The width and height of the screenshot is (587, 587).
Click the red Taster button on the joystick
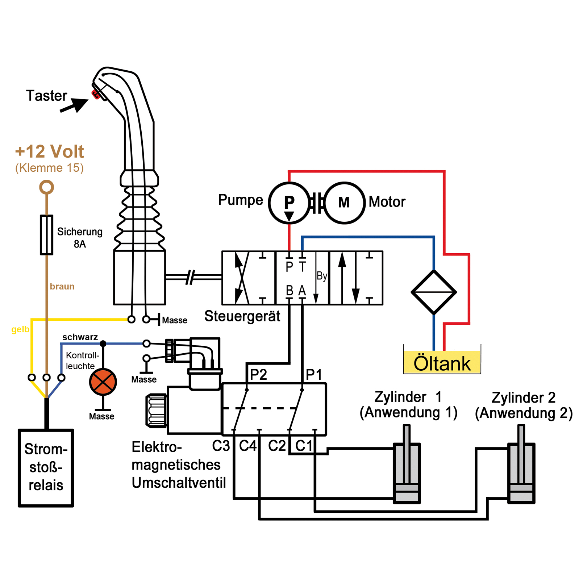[96, 94]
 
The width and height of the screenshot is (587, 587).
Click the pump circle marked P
[289, 203]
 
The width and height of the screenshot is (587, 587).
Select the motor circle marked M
[344, 203]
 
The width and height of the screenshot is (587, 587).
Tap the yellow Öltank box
[442, 362]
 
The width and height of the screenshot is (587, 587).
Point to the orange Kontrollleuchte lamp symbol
[103, 382]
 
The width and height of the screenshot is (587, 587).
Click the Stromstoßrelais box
[46, 468]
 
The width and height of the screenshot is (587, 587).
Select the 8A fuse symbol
[46, 235]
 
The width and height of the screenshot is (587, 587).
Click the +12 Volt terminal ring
[46, 187]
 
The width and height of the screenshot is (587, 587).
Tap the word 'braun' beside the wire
[62, 286]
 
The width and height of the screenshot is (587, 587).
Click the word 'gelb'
[20, 329]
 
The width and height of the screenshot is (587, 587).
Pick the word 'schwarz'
[80, 337]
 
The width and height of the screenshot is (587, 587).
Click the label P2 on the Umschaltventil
[258, 374]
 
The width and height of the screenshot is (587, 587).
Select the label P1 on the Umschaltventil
[314, 374]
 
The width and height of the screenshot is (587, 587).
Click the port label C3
[221, 446]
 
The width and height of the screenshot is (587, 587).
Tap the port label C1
[304, 446]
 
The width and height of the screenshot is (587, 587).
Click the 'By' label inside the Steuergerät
[322, 276]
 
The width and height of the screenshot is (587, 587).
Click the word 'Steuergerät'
[242, 316]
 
